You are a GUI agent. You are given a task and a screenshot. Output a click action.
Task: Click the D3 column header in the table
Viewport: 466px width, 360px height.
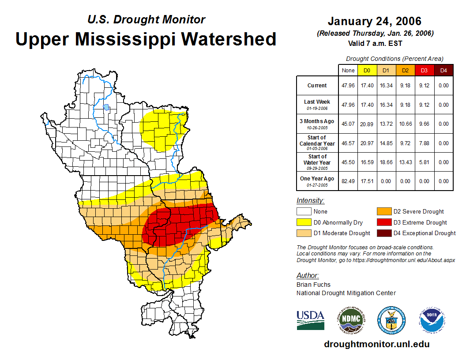[425, 70]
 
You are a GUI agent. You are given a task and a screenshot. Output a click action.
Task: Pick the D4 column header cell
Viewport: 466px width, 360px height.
[443, 70]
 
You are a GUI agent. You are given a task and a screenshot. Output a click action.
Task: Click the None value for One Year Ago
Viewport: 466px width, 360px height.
[348, 181]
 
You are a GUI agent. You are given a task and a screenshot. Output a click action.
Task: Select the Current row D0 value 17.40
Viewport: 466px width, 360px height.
[367, 86]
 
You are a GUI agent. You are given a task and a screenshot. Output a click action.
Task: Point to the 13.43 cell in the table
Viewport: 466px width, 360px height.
[406, 162]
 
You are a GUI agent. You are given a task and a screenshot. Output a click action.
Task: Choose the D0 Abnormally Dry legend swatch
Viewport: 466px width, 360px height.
[304, 222]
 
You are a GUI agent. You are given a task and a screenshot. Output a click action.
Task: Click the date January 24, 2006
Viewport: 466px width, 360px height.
[374, 21]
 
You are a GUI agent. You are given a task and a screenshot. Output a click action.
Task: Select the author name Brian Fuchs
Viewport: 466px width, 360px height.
[313, 285]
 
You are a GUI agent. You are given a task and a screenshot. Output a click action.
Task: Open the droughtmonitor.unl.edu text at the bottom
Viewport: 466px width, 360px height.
[376, 344]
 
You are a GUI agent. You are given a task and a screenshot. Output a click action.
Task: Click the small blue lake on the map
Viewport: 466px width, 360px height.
[106, 107]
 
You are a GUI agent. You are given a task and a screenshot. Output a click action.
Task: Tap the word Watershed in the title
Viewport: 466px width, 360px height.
[229, 39]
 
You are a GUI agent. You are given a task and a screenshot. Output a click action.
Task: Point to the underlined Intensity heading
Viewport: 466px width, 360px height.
[310, 201]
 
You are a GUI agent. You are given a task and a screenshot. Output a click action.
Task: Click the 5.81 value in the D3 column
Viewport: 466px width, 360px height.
[425, 162]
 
